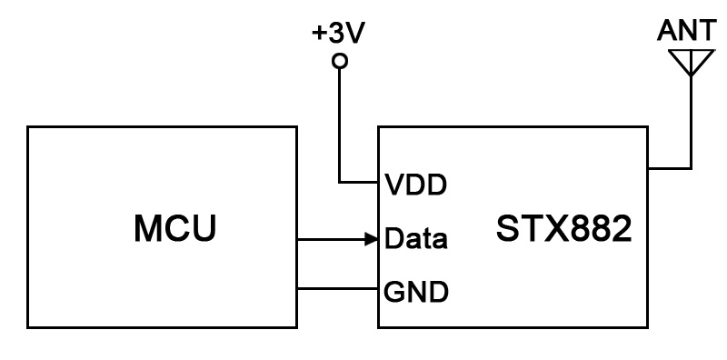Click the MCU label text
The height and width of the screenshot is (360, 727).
[x=175, y=228]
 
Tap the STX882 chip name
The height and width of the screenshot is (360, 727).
[x=563, y=228]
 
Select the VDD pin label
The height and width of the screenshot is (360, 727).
[x=416, y=185]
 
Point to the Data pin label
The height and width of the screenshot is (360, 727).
[x=416, y=240]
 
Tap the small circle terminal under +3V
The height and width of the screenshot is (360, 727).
[x=340, y=62]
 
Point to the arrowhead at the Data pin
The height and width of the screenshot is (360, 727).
[x=372, y=240]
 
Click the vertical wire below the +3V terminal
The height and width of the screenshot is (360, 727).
[x=340, y=118]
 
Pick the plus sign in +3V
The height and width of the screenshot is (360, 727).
[x=319, y=35]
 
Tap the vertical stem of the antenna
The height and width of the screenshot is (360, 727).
[x=690, y=118]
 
